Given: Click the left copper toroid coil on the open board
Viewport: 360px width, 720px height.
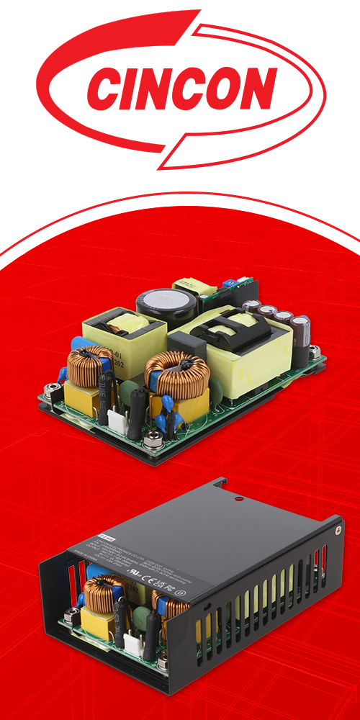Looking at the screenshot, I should click(x=86, y=364).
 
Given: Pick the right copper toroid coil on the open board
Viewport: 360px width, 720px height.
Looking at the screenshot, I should click(x=176, y=374).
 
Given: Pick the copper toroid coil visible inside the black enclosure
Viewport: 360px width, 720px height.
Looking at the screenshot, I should click(x=101, y=591).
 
